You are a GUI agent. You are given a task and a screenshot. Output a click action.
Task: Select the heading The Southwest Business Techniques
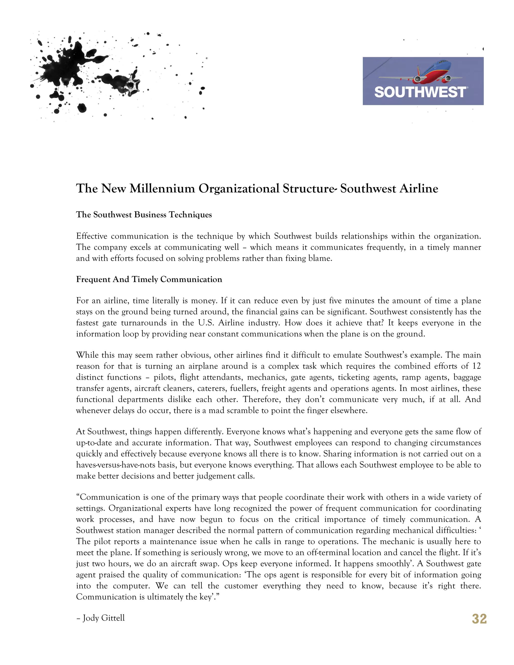pyautogui.click(x=144, y=215)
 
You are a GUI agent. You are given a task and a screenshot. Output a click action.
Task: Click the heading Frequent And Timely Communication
pyautogui.click(x=149, y=279)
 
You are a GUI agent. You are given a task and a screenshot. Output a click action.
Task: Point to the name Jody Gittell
pyautogui.click(x=104, y=618)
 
